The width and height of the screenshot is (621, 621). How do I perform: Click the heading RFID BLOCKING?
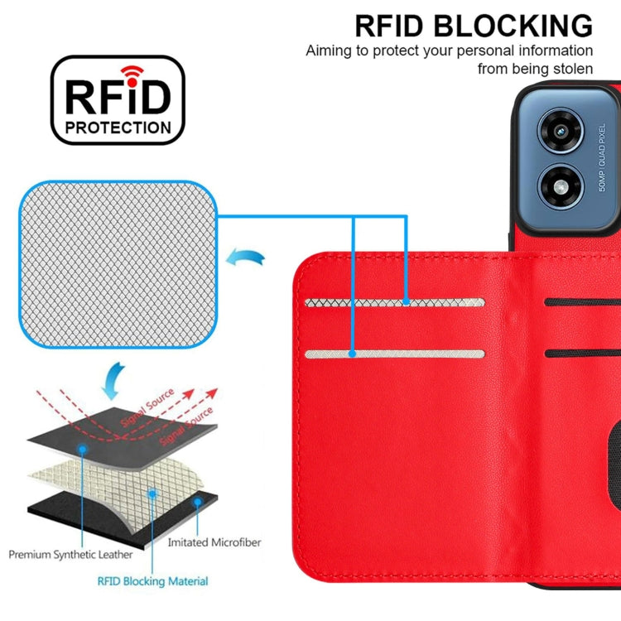474,26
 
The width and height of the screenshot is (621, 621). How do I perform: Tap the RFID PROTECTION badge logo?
118,100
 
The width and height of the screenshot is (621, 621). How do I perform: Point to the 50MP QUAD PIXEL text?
602,158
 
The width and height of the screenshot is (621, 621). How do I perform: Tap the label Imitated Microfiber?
214,542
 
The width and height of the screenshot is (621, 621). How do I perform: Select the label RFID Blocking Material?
153,581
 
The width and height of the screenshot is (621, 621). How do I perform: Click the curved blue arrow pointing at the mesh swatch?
248,260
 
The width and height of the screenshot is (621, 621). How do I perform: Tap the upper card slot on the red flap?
395,303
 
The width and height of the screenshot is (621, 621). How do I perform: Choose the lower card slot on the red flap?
395,354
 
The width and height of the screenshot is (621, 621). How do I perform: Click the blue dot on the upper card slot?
406,303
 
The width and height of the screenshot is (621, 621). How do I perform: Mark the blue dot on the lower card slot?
353,354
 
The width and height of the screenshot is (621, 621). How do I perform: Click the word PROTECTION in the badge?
118,128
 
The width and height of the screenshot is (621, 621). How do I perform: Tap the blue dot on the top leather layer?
83,448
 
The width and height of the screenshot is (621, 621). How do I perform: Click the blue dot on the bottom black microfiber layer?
197,502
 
